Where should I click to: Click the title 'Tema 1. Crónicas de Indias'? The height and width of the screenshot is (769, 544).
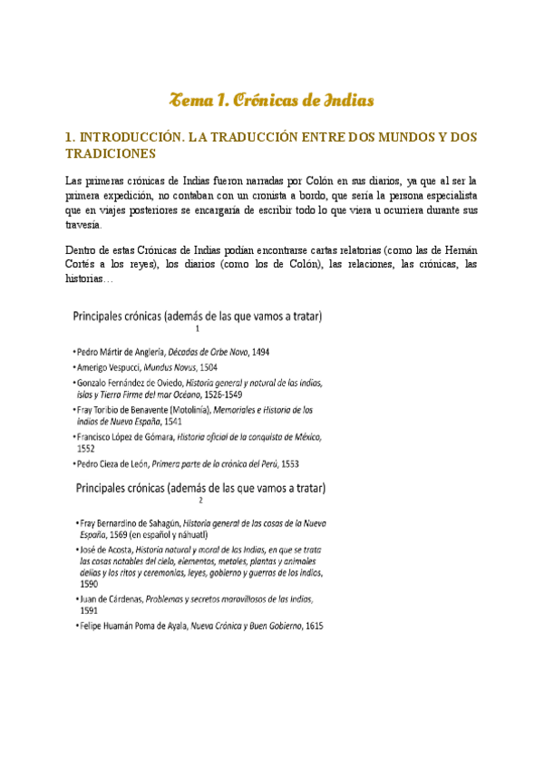(x=272, y=99)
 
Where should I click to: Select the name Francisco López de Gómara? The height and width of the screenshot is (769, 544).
(x=124, y=436)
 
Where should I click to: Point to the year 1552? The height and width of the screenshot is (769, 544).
(x=87, y=448)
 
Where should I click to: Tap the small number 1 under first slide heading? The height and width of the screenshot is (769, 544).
(x=197, y=329)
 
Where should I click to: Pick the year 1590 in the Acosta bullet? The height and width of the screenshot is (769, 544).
(x=89, y=585)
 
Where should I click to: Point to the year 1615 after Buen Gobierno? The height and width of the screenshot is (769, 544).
(x=314, y=626)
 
